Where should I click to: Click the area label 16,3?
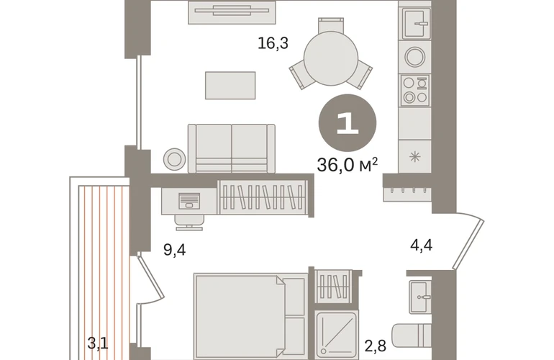point(273,43)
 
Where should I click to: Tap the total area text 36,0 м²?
point(348,165)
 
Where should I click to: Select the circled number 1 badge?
point(348,123)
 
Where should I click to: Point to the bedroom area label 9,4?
point(175,250)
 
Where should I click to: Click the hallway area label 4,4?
point(421,245)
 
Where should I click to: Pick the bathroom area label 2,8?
point(376,346)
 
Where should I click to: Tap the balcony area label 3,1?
point(98,343)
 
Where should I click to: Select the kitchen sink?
point(416,23)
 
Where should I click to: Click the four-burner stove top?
point(415,90)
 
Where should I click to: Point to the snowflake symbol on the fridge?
point(415,156)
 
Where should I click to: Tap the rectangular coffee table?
point(230,86)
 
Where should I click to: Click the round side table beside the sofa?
point(175,159)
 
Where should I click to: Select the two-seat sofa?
point(232,148)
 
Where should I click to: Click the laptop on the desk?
point(189,201)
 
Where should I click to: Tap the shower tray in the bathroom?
point(337,334)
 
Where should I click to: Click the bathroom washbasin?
point(420,297)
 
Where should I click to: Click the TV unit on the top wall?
point(232,12)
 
